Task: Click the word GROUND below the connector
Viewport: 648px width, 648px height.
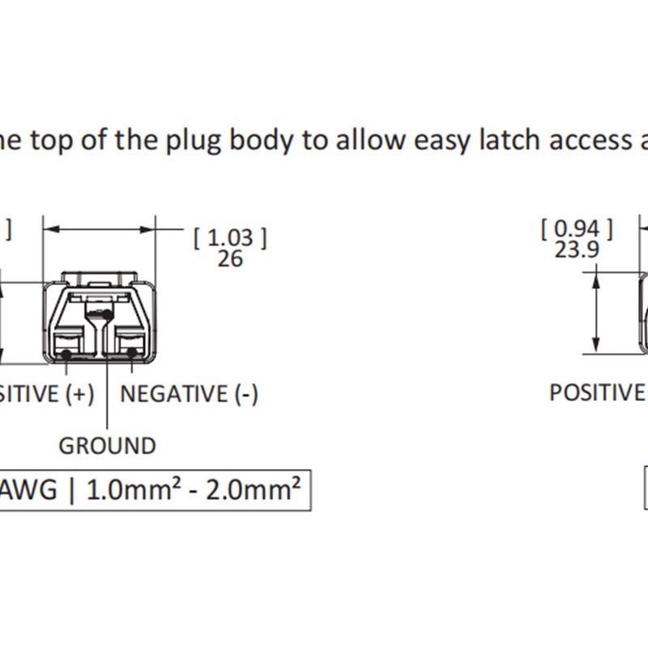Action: click(107, 446)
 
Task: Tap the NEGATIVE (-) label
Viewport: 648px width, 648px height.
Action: click(189, 394)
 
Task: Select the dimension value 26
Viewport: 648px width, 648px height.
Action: click(230, 258)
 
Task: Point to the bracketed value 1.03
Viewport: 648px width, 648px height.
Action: click(230, 237)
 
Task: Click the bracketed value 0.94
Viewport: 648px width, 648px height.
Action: click(577, 229)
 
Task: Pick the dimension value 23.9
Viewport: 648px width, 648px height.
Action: click(577, 249)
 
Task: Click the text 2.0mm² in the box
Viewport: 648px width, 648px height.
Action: click(253, 490)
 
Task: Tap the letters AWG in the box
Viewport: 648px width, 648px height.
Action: click(28, 491)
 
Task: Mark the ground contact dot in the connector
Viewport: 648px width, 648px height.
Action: click(108, 314)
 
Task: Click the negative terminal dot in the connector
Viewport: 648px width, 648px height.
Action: click(131, 352)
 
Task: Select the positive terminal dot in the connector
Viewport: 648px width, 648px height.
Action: click(66, 354)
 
